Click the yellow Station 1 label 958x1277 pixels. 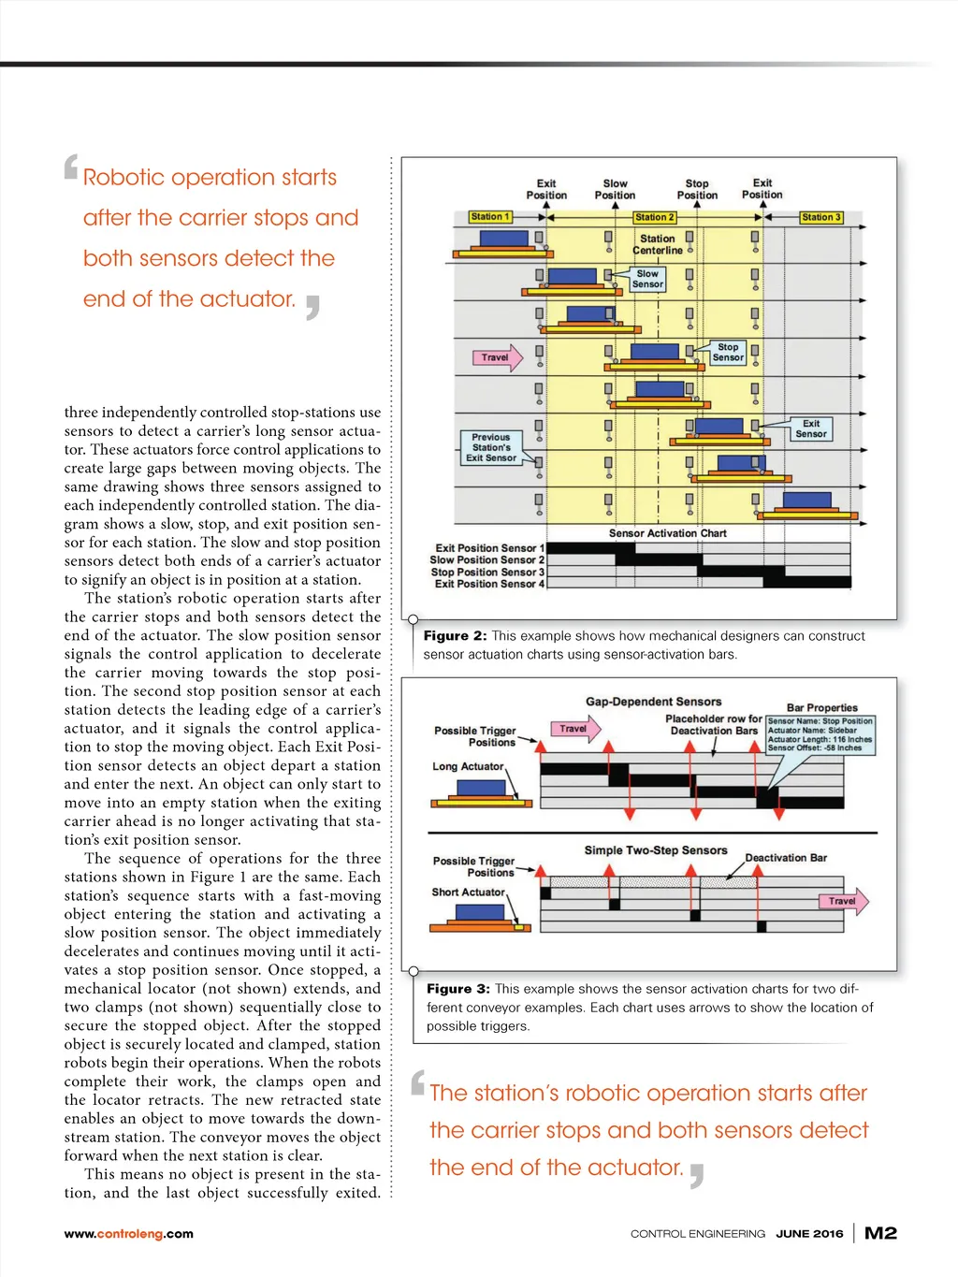[490, 217]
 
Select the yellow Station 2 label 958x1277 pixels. [654, 217]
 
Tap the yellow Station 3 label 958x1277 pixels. [821, 217]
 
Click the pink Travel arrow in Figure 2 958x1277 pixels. [497, 357]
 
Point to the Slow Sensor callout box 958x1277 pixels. [647, 279]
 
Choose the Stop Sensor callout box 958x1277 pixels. [728, 352]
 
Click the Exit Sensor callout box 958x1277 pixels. [811, 428]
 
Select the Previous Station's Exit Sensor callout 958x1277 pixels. [491, 447]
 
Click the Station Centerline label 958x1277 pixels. [658, 244]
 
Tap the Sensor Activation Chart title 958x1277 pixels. [667, 533]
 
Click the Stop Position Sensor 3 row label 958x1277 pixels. [487, 572]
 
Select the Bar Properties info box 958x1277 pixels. [820, 734]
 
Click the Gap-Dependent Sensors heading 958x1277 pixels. [653, 702]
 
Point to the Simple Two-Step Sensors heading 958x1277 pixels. [655, 850]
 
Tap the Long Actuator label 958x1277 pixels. [468, 766]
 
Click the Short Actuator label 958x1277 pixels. [468, 892]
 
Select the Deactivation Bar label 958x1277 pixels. [786, 858]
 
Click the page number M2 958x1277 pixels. [880, 1233]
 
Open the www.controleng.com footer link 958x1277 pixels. [129, 1234]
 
